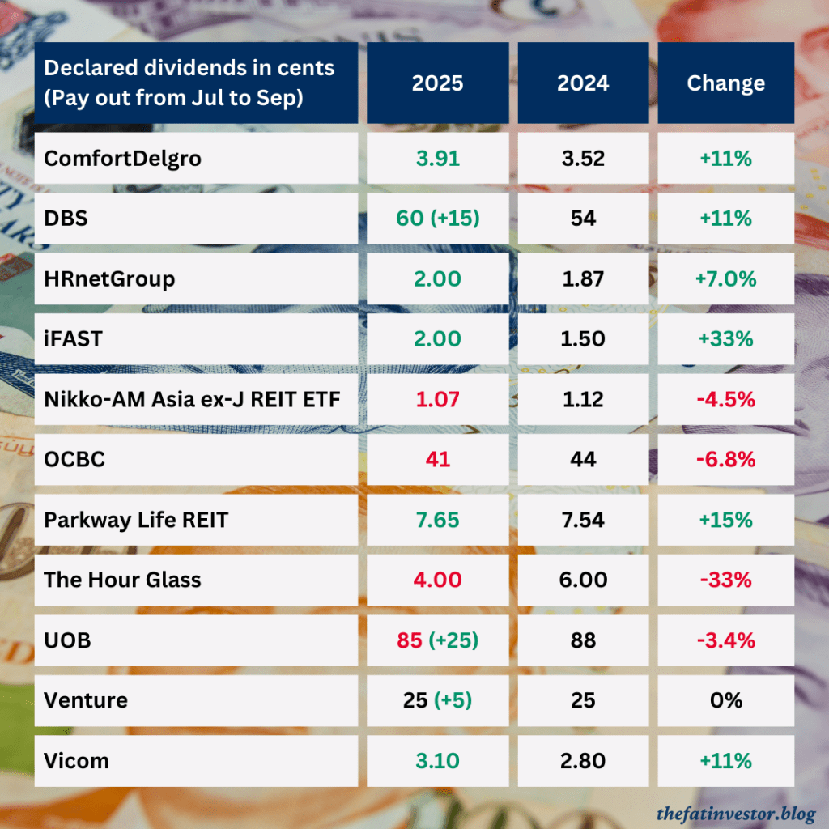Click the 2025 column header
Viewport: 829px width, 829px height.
(x=438, y=83)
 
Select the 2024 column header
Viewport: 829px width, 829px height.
(x=582, y=83)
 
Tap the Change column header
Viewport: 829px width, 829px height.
(x=725, y=83)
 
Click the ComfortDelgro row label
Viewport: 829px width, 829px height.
(x=122, y=159)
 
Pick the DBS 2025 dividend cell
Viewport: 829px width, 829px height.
(x=438, y=219)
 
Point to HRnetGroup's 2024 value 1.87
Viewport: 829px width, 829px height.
(x=582, y=279)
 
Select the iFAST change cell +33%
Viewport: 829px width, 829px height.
(x=725, y=339)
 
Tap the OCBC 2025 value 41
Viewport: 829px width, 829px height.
(x=438, y=460)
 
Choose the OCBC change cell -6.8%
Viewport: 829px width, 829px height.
(x=725, y=460)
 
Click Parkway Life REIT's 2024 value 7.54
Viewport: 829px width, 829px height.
(x=582, y=520)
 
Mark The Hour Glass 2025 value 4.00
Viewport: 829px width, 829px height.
(x=438, y=580)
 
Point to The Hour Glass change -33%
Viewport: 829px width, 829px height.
(x=725, y=580)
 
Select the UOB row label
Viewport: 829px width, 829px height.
(x=67, y=640)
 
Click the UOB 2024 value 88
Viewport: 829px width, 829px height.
(x=582, y=640)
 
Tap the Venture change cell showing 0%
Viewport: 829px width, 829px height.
(x=725, y=700)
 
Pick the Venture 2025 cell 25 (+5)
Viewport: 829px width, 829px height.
(x=438, y=700)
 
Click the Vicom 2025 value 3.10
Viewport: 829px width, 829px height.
(x=438, y=761)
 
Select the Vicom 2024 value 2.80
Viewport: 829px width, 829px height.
(x=582, y=761)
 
